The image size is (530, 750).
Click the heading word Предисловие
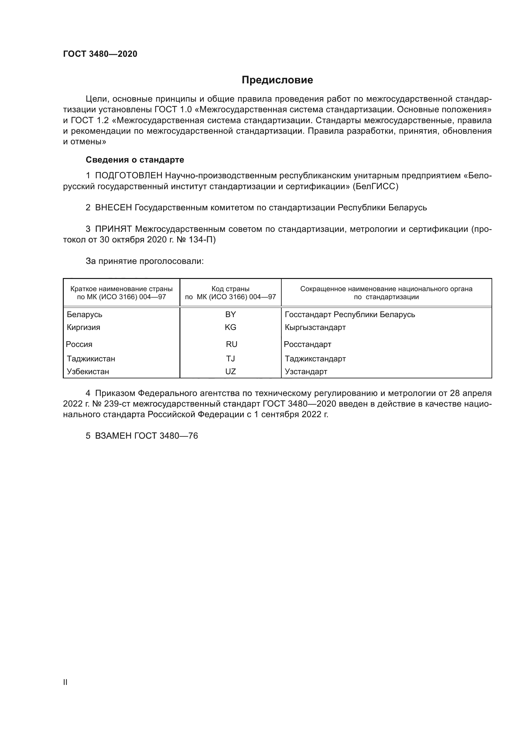[x=277, y=80]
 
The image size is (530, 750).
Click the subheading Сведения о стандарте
[x=135, y=160]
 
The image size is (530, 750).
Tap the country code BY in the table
[x=230, y=315]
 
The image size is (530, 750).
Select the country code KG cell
[x=230, y=327]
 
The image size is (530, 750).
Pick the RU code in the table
[x=231, y=344]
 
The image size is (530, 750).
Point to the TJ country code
[x=230, y=359]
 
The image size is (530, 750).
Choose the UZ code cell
[x=230, y=371]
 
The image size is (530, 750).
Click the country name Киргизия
[x=84, y=327]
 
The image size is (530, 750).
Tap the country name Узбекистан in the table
[x=88, y=371]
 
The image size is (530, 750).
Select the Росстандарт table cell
[x=307, y=344]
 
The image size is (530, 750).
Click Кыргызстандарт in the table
[x=315, y=327]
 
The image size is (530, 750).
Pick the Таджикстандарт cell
[x=315, y=359]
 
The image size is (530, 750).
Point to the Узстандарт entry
[x=306, y=371]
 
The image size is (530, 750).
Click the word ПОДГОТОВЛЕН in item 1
[x=128, y=176]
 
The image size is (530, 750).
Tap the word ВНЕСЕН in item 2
[x=113, y=208]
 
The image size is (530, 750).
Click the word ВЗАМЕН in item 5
[x=113, y=436]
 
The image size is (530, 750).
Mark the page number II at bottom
[x=65, y=682]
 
